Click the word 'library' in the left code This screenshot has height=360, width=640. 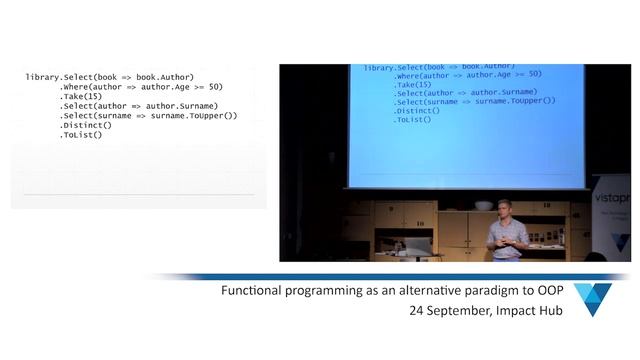tap(41, 77)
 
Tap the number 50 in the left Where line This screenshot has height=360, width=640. tap(216, 87)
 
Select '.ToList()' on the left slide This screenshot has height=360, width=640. tap(81, 135)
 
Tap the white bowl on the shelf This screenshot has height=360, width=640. tap(484, 205)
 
